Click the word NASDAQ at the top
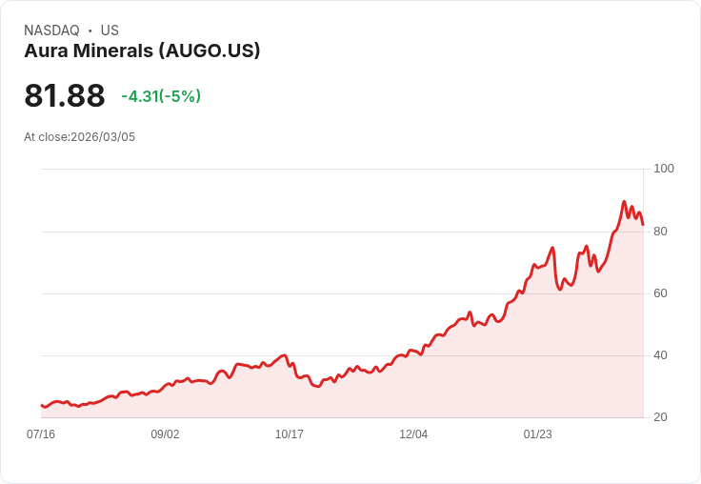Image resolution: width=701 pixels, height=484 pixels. (x=51, y=30)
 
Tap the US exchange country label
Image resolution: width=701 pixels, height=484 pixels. (x=110, y=30)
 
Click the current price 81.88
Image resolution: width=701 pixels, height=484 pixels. (x=64, y=96)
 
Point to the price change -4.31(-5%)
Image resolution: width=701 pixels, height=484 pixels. (x=161, y=96)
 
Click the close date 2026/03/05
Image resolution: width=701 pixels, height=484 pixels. (x=103, y=137)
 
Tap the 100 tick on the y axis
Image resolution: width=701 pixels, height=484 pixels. (x=664, y=169)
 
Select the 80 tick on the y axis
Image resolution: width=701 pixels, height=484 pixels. (x=660, y=231)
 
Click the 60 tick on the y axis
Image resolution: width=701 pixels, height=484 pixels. (x=660, y=293)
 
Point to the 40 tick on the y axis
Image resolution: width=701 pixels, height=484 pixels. (x=660, y=355)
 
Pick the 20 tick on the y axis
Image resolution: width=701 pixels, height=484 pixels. (x=660, y=417)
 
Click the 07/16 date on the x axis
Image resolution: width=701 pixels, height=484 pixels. (x=41, y=434)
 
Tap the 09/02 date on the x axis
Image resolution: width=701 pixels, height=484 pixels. (x=165, y=434)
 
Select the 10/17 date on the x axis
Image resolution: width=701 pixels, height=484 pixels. (x=290, y=434)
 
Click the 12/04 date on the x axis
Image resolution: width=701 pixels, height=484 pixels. (x=413, y=434)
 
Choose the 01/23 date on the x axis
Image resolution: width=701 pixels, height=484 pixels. (x=538, y=434)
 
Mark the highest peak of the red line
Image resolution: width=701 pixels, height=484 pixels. (x=624, y=202)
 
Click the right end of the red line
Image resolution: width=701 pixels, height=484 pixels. (x=643, y=225)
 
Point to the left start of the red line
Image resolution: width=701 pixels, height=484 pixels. (x=42, y=406)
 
